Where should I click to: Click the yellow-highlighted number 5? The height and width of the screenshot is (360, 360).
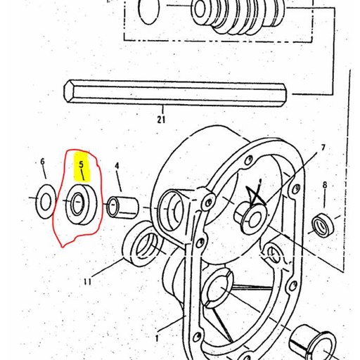[x=82, y=165]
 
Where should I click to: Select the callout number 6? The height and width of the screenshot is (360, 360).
[x=42, y=162]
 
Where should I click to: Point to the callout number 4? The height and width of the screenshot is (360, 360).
[x=117, y=167]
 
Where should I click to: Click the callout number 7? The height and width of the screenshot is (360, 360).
[x=323, y=148]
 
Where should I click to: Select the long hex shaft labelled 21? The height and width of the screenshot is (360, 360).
[x=176, y=91]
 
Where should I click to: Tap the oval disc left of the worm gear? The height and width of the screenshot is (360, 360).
[x=150, y=11]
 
